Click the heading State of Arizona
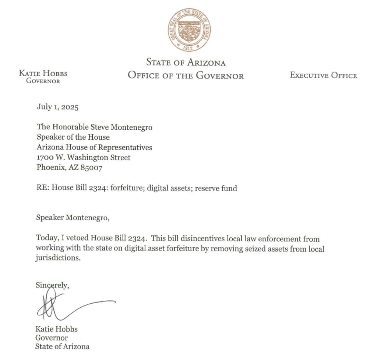tap(186, 62)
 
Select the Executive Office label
tap(323, 76)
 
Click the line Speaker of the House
tap(73, 137)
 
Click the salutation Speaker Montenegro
tap(73, 217)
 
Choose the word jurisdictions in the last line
tap(57, 258)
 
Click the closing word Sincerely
tap(52, 285)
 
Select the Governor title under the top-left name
tap(43, 81)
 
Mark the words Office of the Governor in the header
tap(186, 76)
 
